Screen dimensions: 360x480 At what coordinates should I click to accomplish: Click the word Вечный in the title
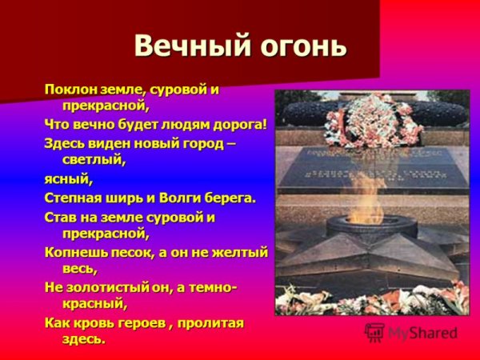click(177, 45)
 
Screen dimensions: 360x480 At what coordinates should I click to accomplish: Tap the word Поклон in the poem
click(68, 89)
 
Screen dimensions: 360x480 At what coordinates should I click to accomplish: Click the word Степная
click(74, 197)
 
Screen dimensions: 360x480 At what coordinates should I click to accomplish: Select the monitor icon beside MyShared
click(374, 331)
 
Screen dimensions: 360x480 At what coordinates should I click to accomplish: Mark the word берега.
click(231, 197)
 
